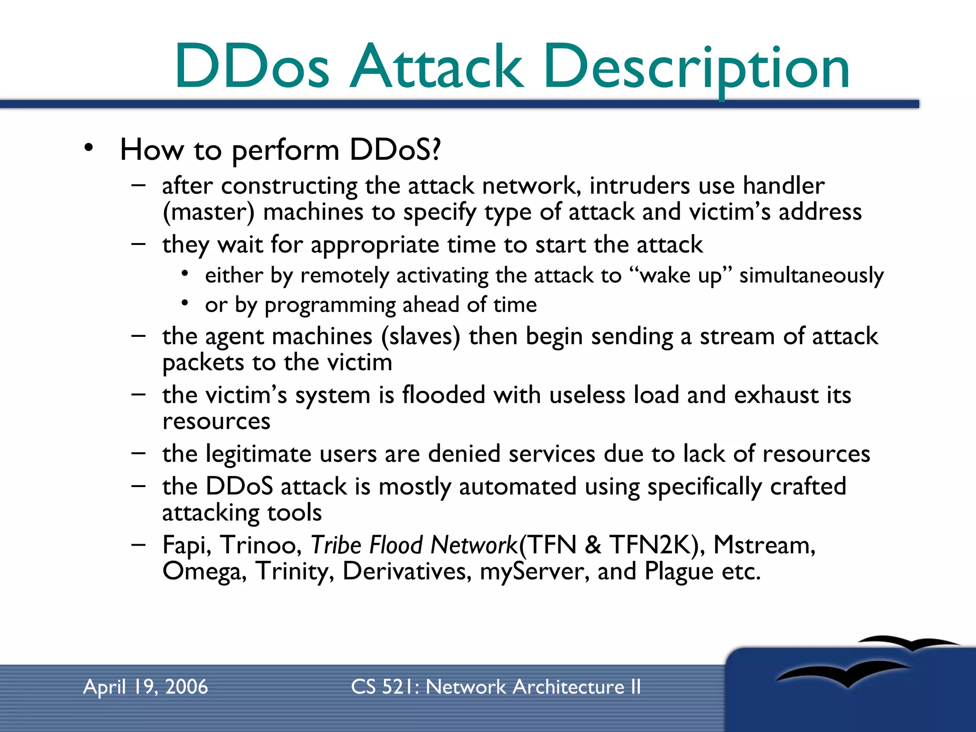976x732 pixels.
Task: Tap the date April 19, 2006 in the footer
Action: pyautogui.click(x=145, y=687)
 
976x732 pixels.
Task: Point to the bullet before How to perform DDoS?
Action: pyautogui.click(x=88, y=149)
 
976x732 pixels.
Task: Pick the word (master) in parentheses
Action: pyautogui.click(x=208, y=212)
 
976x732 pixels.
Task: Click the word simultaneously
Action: pyautogui.click(x=811, y=276)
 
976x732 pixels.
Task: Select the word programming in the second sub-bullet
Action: pyautogui.click(x=330, y=305)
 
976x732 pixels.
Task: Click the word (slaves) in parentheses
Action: pyautogui.click(x=420, y=336)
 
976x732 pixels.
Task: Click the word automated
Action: pyautogui.click(x=518, y=487)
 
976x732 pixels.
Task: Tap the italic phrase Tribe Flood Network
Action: pyautogui.click(x=414, y=545)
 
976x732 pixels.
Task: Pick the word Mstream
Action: pyautogui.click(x=763, y=545)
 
